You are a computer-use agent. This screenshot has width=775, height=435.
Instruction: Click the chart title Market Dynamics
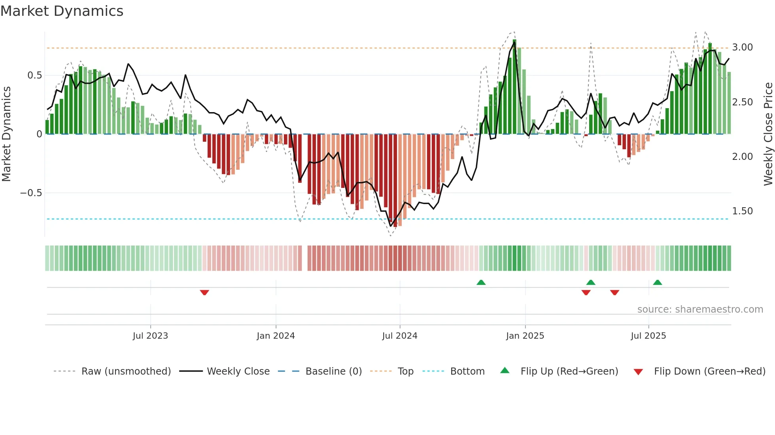point(62,11)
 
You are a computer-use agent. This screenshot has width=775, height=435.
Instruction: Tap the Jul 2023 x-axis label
point(150,336)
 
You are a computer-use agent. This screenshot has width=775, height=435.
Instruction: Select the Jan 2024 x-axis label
point(276,336)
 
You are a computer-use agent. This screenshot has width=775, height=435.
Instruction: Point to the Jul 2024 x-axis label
point(400,336)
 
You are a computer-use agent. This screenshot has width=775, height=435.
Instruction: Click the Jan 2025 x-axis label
point(525,336)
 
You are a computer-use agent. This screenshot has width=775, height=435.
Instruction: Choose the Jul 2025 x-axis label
point(648,336)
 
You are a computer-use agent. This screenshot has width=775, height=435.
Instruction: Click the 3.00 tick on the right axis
point(742,47)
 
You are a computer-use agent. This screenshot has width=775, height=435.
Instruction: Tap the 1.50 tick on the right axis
point(742,211)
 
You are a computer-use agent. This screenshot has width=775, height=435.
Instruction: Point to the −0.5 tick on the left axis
point(31,193)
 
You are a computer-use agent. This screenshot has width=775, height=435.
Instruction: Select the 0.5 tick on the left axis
point(34,75)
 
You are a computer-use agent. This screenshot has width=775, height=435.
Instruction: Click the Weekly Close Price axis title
point(768,134)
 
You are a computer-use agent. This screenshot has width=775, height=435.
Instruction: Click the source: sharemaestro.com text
point(700,309)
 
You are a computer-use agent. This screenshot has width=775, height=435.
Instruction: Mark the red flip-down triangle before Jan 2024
point(204,292)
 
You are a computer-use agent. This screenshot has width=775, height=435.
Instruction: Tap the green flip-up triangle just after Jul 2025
point(658,283)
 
